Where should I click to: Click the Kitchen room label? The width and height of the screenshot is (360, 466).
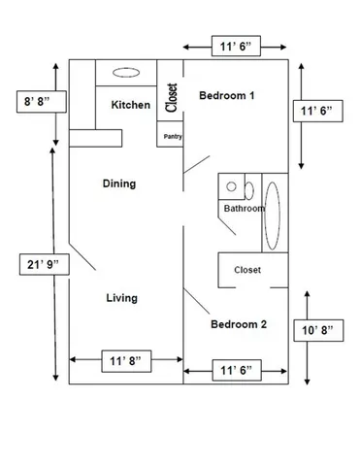click(130, 105)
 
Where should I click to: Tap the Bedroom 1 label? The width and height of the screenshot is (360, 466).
click(226, 96)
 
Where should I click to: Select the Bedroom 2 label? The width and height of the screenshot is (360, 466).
click(239, 324)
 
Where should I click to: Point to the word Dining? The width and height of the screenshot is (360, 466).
click(119, 183)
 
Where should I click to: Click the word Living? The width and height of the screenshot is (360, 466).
click(120, 298)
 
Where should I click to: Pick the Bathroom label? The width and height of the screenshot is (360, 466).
click(245, 209)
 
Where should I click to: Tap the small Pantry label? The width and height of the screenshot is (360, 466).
click(173, 137)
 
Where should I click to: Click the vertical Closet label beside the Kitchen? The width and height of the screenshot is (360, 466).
click(172, 97)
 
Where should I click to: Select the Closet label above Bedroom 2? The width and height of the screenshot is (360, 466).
click(247, 270)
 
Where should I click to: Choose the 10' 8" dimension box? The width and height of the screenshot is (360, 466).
click(316, 332)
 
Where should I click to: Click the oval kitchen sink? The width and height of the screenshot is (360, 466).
click(125, 72)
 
